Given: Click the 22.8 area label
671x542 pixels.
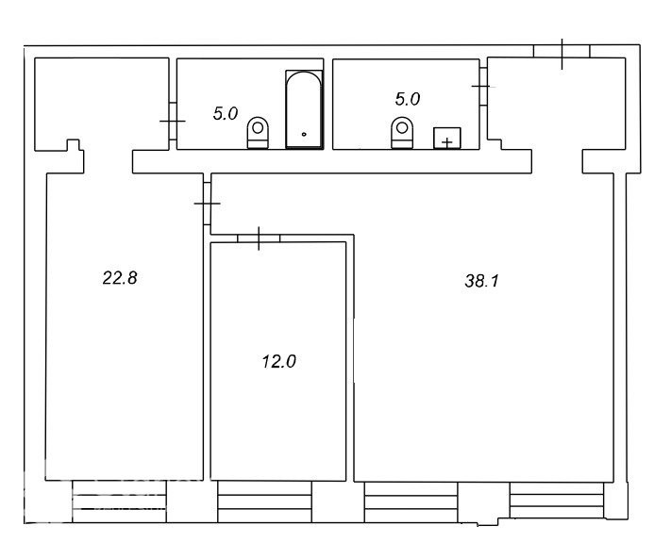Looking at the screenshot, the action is point(120,278).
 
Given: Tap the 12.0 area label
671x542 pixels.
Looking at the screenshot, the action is point(278,362).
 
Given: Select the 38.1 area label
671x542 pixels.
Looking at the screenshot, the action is point(481,281).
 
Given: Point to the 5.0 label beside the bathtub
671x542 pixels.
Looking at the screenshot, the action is point(226,114).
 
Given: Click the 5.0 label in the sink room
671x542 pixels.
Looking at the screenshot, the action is point(408,99).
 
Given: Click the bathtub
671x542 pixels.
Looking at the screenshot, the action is point(304,109).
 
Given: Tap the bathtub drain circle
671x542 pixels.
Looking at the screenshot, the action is point(304,134).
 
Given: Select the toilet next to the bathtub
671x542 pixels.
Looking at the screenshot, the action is point(258,133).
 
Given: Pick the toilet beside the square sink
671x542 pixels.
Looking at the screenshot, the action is point(402,133).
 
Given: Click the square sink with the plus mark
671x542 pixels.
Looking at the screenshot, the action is point(446,138).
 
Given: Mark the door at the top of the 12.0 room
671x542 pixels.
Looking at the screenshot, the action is point(259,238).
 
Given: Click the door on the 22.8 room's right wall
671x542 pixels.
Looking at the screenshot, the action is point(207,204).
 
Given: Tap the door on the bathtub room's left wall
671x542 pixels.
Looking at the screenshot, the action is point(173,121).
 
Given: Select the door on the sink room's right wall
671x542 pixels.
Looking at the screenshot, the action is point(483,87).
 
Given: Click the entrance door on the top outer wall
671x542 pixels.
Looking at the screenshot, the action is point(562,52).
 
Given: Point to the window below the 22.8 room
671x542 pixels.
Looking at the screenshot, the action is point(119,501).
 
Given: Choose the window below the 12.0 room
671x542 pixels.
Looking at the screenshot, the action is point(265,501).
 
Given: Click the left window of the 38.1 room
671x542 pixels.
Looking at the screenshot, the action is point(411,502).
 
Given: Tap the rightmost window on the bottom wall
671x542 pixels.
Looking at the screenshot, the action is point(557,501).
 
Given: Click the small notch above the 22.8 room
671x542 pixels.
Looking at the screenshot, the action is point(74,145).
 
